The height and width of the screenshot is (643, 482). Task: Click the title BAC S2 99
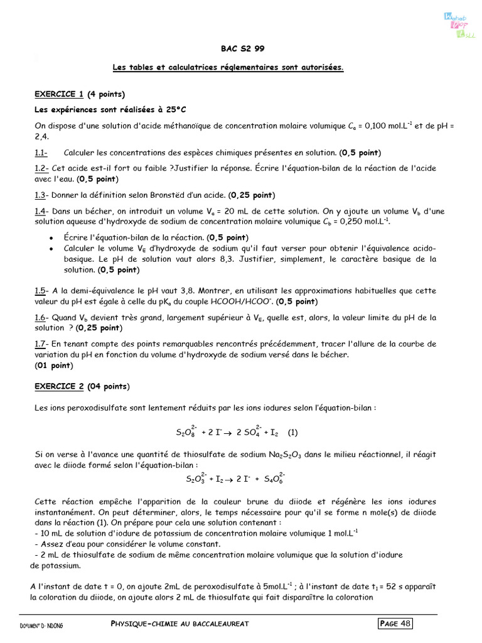tap(238, 50)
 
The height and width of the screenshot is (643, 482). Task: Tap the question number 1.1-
tap(41, 153)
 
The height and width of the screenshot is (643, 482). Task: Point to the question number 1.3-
tap(41, 195)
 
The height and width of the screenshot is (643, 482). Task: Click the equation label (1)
tap(292, 433)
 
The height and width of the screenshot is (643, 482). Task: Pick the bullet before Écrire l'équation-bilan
tap(50, 238)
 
